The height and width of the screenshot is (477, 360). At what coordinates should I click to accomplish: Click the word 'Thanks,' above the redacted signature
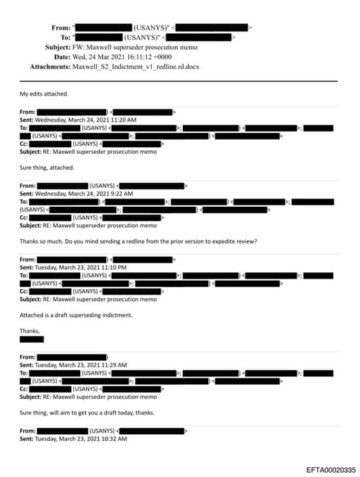click(30, 331)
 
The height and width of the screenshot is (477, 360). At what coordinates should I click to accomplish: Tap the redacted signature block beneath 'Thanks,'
click(32, 339)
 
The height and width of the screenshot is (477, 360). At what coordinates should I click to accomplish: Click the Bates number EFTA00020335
click(330, 469)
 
